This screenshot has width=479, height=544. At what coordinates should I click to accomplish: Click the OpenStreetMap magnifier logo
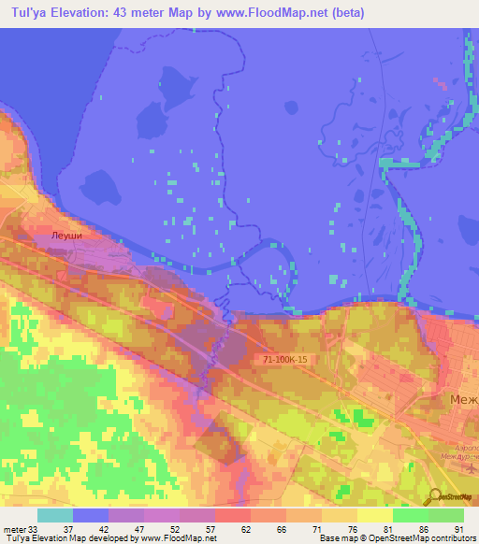436,496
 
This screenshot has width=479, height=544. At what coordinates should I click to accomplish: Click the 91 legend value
458,529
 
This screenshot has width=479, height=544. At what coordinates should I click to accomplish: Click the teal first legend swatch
55,515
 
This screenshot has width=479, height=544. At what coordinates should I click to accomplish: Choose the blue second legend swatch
91,515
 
